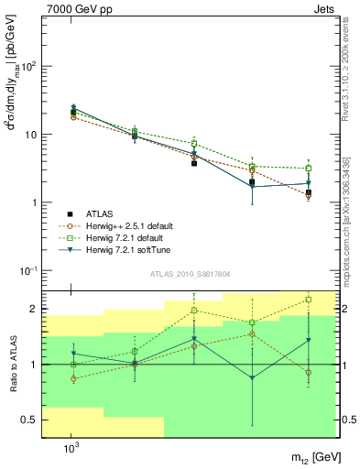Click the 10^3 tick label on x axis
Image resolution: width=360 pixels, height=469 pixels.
coord(71,447)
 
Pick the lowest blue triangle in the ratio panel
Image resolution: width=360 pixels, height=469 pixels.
coord(252,377)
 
